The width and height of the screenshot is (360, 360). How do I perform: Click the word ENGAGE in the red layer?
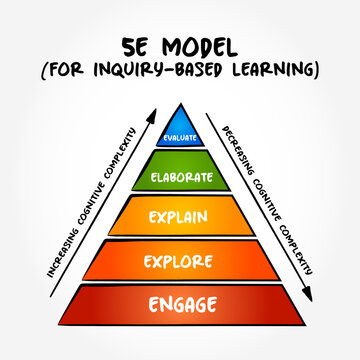click(x=180, y=304)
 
